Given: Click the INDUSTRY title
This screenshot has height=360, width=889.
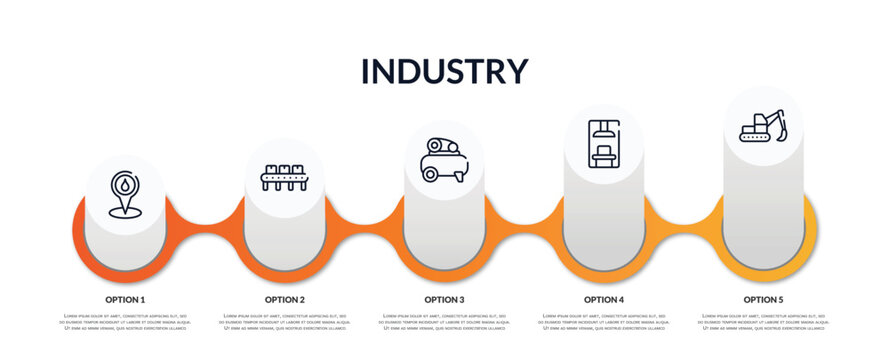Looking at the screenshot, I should pos(444,71).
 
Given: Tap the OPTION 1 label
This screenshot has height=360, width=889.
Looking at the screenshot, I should pos(125,299).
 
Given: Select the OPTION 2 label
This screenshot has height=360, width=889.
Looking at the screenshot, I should pos(285,299).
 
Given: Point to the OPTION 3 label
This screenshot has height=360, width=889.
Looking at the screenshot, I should pos(444,299).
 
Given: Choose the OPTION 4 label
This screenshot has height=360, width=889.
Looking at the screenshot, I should pos(604,299).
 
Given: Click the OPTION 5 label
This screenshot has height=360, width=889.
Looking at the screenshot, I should pos(763,299).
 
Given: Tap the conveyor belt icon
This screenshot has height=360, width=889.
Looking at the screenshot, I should pos(284,177).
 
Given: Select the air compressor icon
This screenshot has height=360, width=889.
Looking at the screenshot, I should pos(444,160).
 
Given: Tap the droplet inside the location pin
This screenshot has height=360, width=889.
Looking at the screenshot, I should pos(124,185).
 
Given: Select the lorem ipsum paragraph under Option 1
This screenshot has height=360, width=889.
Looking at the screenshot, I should pos(125,323).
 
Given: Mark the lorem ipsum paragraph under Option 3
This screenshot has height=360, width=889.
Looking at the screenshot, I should pos(444,323).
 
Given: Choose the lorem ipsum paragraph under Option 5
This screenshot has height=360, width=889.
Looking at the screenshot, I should pos(763,323).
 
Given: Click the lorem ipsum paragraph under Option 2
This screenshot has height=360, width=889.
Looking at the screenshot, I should pos(285,323).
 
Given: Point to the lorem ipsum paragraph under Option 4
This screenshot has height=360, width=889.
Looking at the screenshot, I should pos(604,323).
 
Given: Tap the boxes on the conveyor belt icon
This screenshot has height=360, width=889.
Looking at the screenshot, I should pos(284,169).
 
